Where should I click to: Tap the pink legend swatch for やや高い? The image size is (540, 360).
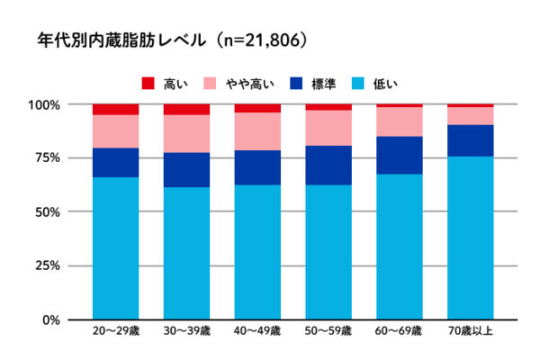click(209, 84)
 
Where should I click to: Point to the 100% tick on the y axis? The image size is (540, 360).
click(45, 104)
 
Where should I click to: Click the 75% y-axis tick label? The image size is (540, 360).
click(48, 158)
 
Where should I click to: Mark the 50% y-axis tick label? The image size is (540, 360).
click(48, 212)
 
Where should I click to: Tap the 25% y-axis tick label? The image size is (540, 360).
click(48, 266)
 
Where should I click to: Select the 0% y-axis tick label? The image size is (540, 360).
click(51, 319)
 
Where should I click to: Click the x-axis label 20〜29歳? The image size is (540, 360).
click(115, 331)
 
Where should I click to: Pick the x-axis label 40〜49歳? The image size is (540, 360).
click(257, 331)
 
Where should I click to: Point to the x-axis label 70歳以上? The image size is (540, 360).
click(471, 331)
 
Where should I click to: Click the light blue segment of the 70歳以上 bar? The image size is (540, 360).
click(471, 238)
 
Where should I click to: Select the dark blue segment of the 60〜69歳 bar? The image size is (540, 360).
click(400, 155)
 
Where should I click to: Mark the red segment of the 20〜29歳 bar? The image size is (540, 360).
click(115, 109)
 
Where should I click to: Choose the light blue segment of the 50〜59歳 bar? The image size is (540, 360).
click(328, 252)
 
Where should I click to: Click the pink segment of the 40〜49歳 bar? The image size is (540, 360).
click(257, 131)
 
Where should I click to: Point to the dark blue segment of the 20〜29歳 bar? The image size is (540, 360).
click(115, 162)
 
